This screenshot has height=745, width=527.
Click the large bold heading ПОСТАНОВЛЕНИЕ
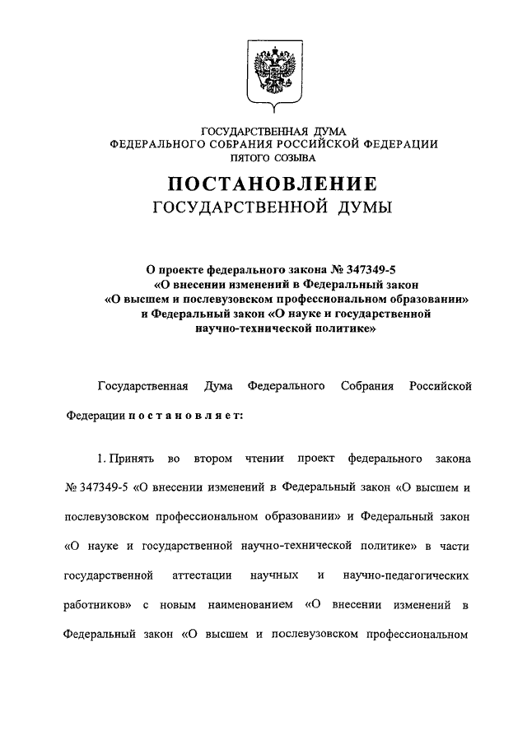point(273,183)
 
